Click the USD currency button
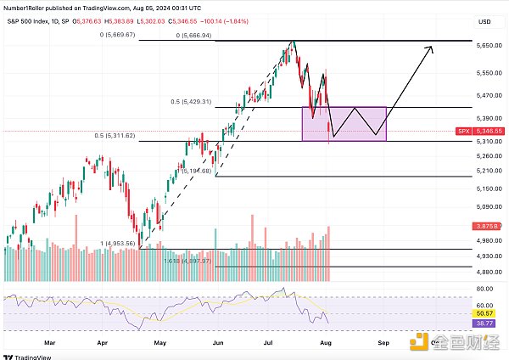484,21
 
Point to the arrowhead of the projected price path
432,48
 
